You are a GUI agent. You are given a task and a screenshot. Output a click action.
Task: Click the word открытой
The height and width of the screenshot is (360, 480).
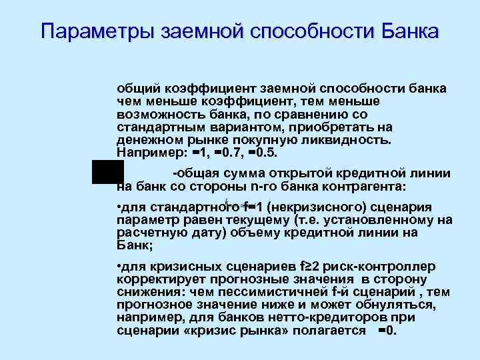273,173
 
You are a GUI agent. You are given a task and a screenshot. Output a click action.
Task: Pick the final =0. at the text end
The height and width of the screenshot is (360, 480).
387,331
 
